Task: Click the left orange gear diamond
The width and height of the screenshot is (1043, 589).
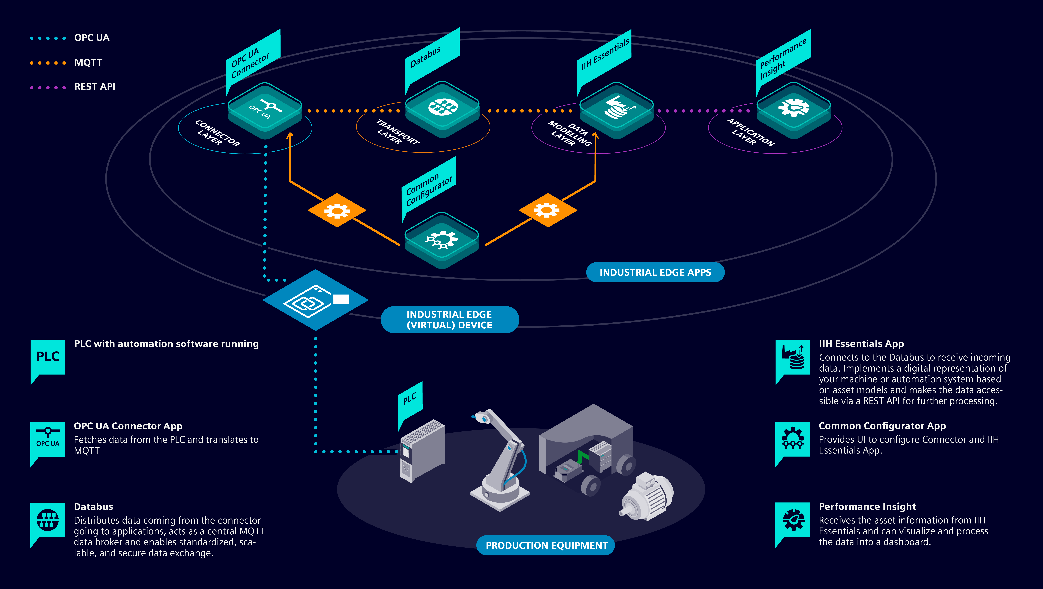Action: point(337,210)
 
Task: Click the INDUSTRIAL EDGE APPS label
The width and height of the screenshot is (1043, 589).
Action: point(655,272)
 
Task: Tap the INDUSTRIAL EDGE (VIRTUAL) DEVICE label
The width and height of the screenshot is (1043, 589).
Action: point(449,320)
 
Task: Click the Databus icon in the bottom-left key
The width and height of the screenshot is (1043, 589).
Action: point(48,520)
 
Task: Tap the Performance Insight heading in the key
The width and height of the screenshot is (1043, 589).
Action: point(867,507)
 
